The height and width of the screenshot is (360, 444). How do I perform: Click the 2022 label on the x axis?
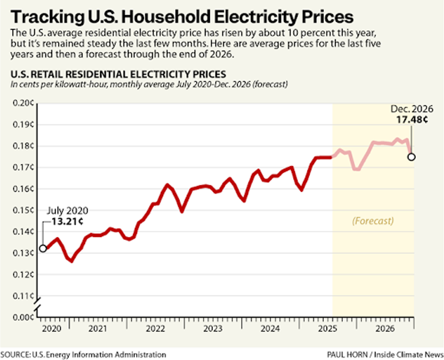click(x=155, y=329)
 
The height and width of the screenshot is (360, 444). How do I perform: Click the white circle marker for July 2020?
click(x=43, y=248)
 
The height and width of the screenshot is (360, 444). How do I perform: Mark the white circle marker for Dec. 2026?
click(x=411, y=157)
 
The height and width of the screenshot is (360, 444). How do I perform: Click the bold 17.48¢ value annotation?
click(x=412, y=120)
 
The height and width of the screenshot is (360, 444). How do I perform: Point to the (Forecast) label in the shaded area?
click(x=373, y=221)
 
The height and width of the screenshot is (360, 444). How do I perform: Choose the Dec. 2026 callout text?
click(x=413, y=109)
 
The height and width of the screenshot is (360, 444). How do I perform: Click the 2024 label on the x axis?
click(x=270, y=329)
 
